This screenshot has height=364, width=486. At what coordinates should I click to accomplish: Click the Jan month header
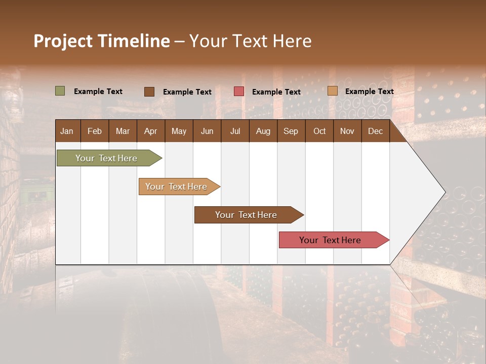[67, 131]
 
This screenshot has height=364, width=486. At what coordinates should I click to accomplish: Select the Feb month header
[95, 131]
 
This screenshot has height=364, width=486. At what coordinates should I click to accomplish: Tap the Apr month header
[150, 131]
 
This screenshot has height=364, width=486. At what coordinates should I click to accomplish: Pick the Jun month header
[207, 131]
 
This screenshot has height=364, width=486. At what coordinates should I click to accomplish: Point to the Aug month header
[263, 131]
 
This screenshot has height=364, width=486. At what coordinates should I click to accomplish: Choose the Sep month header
[291, 131]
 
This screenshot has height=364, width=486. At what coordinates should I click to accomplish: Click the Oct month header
[319, 131]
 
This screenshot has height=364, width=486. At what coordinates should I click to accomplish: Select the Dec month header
[375, 131]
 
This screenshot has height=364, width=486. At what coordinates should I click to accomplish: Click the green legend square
[60, 91]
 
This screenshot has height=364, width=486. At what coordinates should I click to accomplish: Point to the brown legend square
[149, 92]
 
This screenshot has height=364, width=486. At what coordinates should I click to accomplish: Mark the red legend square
[239, 92]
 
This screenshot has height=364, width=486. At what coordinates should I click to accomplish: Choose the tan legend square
[333, 91]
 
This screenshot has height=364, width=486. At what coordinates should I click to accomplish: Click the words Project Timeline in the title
[101, 41]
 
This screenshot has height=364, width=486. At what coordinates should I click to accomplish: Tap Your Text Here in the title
[250, 41]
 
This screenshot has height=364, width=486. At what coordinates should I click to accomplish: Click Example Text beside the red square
[276, 92]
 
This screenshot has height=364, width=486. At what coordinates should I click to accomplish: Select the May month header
[179, 131]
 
